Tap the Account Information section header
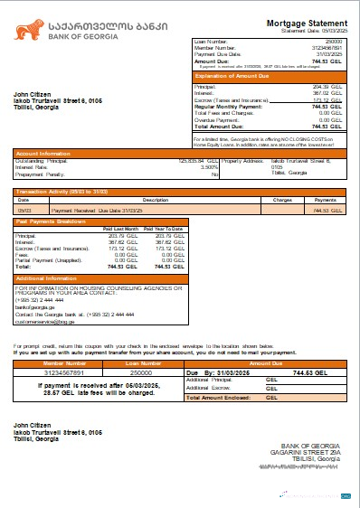[46, 154]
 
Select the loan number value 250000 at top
[333, 42]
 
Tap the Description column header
[156, 199]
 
